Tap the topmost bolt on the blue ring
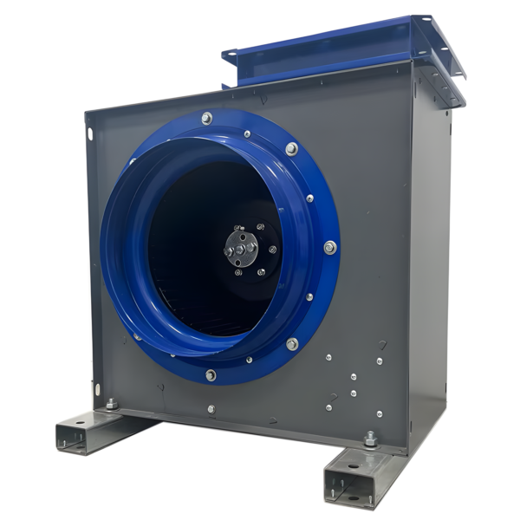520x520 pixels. pyautogui.click(x=206, y=118)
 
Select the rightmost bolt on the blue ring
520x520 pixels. pyautogui.click(x=329, y=248)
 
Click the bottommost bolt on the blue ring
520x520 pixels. pyautogui.click(x=211, y=375)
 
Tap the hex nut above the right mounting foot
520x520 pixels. pyautogui.click(x=370, y=439)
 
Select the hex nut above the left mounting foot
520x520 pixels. pyautogui.click(x=112, y=404)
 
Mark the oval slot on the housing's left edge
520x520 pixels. pyautogui.click(x=89, y=133)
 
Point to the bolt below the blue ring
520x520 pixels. pyautogui.click(x=211, y=408)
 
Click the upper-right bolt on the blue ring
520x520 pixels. pyautogui.click(x=292, y=149)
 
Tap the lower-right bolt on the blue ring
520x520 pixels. pyautogui.click(x=292, y=344)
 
